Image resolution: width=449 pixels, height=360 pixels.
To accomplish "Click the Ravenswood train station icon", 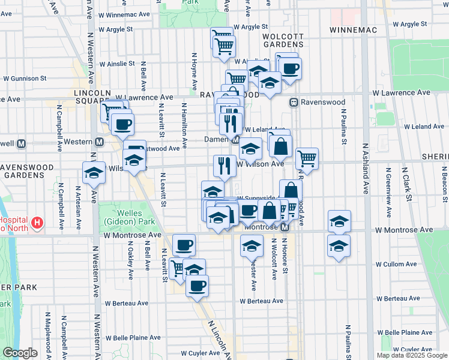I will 294,103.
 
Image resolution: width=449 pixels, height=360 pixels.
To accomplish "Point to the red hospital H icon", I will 38,224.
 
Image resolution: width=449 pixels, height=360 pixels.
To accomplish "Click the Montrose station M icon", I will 286,227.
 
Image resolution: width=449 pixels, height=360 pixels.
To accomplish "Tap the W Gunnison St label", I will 25,78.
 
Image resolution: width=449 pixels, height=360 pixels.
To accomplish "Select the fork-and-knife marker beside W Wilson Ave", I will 224,166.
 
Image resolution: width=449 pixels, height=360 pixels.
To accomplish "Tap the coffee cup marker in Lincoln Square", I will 122,124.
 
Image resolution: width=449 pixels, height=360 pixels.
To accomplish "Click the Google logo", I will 20,353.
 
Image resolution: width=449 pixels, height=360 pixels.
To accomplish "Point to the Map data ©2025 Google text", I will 411,355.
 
